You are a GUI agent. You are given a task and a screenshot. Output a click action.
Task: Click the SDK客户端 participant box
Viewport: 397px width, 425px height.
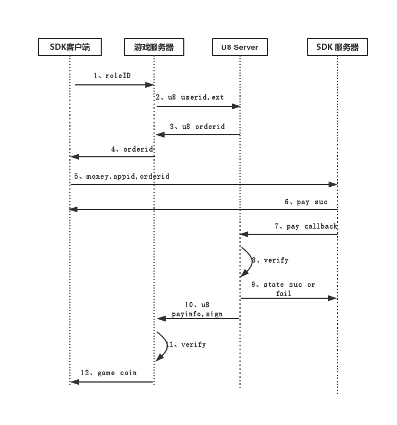70,47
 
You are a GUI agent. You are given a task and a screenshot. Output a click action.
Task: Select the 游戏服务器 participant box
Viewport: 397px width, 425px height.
154,47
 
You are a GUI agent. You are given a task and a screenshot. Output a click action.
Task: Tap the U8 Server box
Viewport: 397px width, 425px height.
240,47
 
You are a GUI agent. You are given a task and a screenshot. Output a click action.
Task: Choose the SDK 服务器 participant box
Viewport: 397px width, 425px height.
338,47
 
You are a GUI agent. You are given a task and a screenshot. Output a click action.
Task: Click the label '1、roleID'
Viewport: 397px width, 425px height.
112,76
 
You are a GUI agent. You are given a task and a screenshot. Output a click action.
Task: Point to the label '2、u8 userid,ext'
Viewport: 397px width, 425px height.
190,97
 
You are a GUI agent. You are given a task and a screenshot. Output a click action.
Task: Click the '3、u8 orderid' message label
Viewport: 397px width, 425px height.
197,127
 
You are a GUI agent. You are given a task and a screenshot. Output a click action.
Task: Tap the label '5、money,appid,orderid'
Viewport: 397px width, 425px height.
122,177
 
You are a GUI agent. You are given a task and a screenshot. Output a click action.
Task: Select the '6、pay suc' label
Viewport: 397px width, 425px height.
306,202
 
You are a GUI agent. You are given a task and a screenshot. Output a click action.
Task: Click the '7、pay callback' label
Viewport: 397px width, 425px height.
306,226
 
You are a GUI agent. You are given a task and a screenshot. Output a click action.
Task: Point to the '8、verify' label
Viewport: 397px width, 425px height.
270,260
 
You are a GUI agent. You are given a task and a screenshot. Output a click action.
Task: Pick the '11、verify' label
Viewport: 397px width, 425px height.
186,345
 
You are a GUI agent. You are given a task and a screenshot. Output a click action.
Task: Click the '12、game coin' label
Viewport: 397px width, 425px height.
109,373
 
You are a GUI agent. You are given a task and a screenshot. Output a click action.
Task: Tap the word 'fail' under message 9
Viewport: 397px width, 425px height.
283,294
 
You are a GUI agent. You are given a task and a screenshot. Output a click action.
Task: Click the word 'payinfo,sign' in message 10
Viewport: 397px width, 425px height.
197,314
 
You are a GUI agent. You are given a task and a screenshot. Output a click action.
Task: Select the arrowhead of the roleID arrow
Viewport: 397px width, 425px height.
149,85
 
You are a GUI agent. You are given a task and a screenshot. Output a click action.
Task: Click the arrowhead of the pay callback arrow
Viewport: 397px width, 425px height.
244,234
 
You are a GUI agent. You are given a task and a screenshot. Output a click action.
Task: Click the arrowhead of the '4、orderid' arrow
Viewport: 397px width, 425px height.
75,157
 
